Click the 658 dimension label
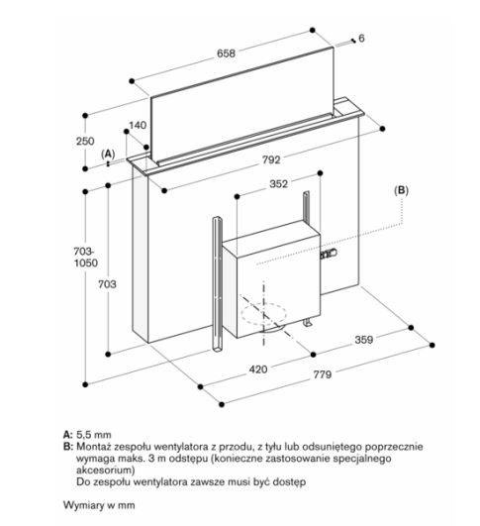tap(226, 53)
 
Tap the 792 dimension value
tap(271, 159)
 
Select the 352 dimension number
tap(278, 184)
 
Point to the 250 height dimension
tap(85, 141)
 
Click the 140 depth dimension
tap(138, 125)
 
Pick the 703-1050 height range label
tap(86, 257)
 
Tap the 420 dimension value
tap(258, 369)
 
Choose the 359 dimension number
tap(363, 340)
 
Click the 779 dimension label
tap(322, 374)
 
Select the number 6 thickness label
tap(361, 39)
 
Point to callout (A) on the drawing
tap(108, 154)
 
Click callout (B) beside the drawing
tap(401, 190)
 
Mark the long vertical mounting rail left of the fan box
tap(217, 284)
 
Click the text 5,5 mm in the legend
tap(93, 435)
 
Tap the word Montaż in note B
tap(93, 447)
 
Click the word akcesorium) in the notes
tap(105, 470)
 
